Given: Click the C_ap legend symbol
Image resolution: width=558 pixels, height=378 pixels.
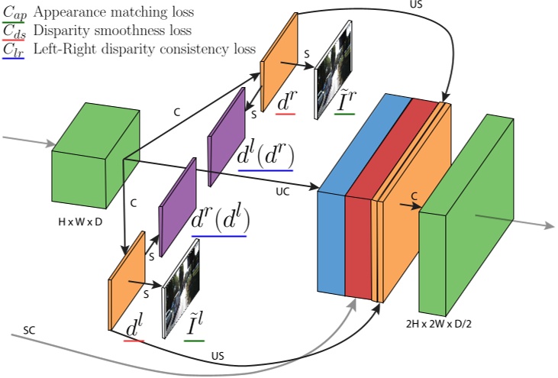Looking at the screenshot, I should click(x=14, y=13).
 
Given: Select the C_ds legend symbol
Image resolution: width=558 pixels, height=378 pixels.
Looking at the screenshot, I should click(x=14, y=31).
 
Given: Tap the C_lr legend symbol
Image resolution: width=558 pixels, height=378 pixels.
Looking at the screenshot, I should click(x=14, y=50).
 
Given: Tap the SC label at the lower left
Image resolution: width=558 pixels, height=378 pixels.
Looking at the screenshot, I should click(x=29, y=330).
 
